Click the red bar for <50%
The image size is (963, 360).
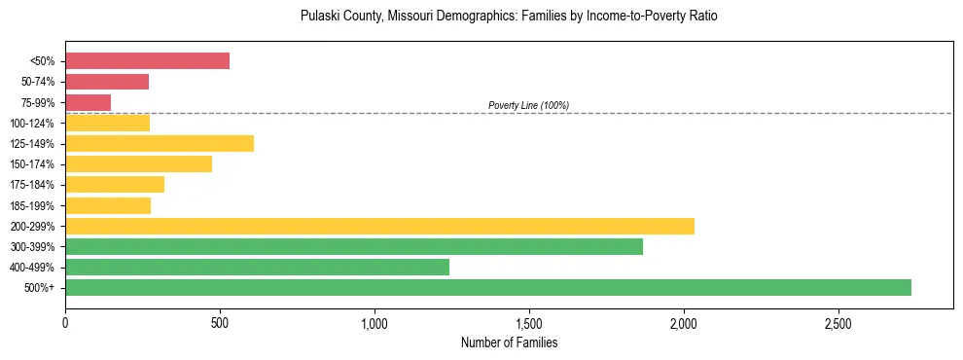[147, 61]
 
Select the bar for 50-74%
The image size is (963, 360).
[107, 82]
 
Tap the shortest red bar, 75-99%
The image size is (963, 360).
[88, 102]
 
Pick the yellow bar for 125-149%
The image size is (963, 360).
[160, 144]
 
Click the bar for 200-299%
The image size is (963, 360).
[379, 226]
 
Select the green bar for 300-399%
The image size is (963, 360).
[354, 246]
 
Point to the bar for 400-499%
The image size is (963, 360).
[257, 267]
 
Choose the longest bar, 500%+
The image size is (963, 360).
[488, 287]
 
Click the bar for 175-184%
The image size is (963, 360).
[115, 185]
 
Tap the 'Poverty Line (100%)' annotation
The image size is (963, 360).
[528, 105]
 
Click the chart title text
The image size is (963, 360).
[509, 17]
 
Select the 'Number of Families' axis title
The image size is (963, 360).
[509, 342]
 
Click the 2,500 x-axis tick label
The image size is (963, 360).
[838, 321]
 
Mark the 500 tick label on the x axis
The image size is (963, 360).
[220, 321]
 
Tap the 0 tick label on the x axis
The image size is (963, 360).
[65, 321]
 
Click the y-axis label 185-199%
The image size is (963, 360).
[32, 206]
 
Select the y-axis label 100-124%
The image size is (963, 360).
[32, 124]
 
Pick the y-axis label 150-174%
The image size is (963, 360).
[32, 164]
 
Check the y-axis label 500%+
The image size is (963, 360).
[40, 288]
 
